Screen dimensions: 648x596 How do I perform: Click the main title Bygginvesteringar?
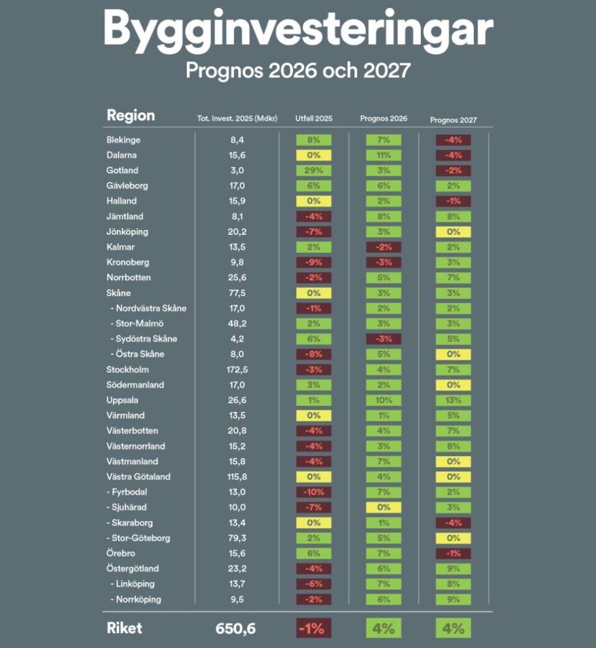[x=298, y=29]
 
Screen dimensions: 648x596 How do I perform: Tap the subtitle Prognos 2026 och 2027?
[x=298, y=70]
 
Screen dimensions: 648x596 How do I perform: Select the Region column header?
[x=130, y=116]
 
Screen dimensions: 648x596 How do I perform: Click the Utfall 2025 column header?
[x=314, y=119]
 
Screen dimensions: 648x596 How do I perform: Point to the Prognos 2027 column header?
[x=453, y=120]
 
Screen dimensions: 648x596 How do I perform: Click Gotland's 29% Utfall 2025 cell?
[x=314, y=171]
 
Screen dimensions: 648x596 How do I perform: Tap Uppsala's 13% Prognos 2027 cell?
[x=453, y=401]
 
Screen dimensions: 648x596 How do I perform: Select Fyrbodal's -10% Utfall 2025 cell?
[x=314, y=493]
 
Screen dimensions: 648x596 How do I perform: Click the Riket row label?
[x=124, y=628]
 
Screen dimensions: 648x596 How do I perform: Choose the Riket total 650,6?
[x=236, y=629]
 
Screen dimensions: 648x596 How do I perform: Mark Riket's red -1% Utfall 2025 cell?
[x=314, y=628]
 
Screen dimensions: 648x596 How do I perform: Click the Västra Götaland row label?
[x=138, y=477]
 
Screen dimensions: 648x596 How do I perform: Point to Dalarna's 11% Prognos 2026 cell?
[x=384, y=155]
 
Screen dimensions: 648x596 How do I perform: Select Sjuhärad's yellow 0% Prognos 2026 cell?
[x=384, y=508]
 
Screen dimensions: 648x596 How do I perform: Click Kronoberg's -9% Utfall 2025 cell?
[x=314, y=263]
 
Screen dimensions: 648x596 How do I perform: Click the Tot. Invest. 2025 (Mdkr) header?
[x=237, y=119]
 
